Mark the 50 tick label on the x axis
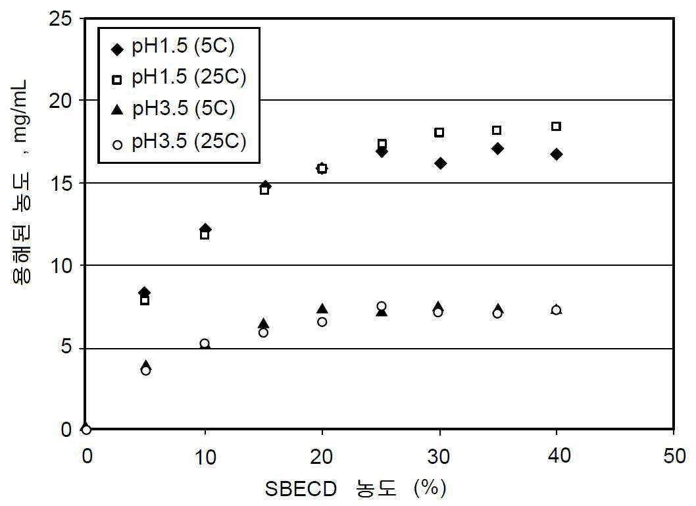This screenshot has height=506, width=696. coord(673,457)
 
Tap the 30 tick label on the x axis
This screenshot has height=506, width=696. coord(439,457)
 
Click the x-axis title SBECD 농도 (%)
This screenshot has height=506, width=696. coord(356,489)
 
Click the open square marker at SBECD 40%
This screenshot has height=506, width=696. coord(556,126)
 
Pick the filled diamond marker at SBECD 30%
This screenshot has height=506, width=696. coord(440,163)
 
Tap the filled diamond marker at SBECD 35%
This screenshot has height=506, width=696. coord(497,149)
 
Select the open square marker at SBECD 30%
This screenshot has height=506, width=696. coord(439,132)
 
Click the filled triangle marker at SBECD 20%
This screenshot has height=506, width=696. coord(322,309)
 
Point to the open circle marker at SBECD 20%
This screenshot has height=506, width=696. coord(322,322)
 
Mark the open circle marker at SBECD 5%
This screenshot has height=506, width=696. coord(145,370)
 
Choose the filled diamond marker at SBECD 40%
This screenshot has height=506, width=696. coord(557,154)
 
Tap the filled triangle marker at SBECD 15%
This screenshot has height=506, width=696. coord(263,323)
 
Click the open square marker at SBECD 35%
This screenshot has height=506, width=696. coord(497,130)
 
